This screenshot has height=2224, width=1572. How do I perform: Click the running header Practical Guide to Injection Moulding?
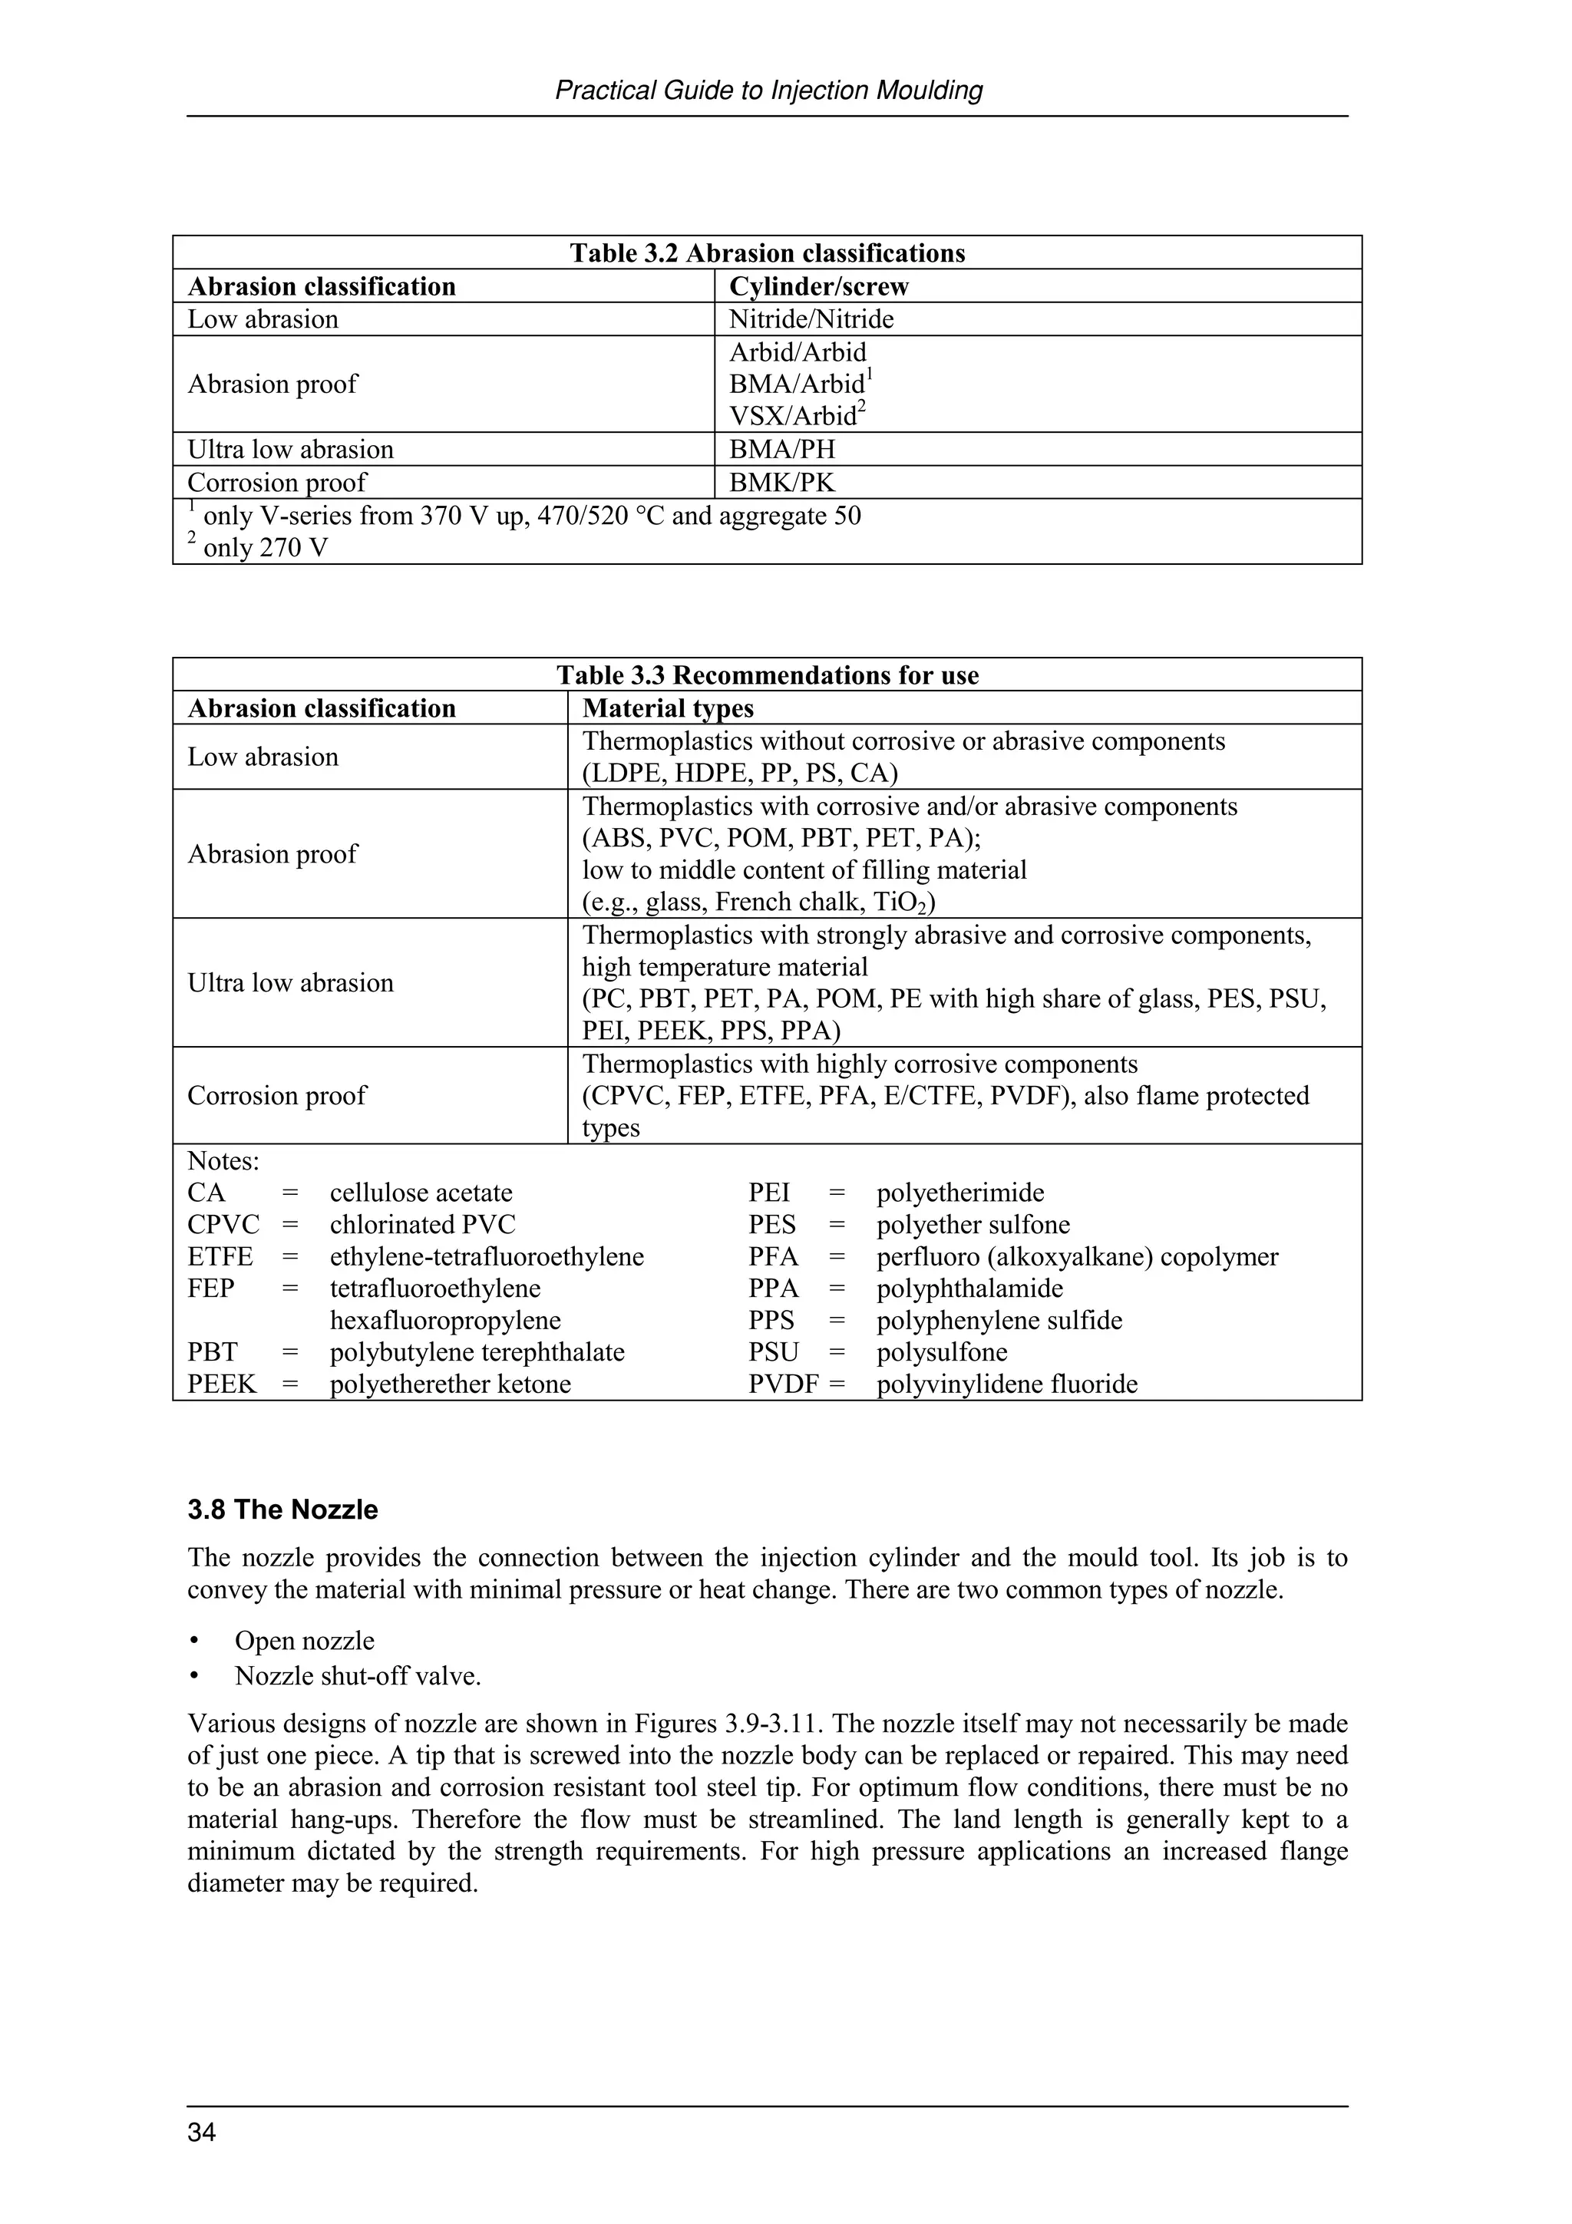768,91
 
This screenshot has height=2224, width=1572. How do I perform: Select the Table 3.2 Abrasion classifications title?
767,254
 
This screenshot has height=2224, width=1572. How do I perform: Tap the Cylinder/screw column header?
818,287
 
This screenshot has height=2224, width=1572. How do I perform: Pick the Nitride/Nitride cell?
811,320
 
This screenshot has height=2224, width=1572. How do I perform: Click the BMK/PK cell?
781,483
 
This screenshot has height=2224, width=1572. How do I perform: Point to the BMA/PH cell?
781,450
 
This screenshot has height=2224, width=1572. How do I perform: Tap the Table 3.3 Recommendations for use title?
767,675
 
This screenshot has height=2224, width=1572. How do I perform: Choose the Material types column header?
667,708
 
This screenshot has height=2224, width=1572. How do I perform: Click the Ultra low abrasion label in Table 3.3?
291,983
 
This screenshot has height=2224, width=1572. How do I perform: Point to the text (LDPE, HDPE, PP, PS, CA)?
740,773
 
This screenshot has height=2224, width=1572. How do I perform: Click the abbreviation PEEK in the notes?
222,1384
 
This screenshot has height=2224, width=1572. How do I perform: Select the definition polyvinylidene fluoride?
1006,1384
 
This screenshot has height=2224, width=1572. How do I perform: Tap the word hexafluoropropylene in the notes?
444,1320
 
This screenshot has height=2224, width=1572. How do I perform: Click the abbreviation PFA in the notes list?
773,1257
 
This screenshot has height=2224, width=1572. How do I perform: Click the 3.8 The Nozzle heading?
282,1510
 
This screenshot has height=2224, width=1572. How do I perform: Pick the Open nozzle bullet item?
304,1641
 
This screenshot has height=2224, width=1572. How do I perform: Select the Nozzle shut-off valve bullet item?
358,1676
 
